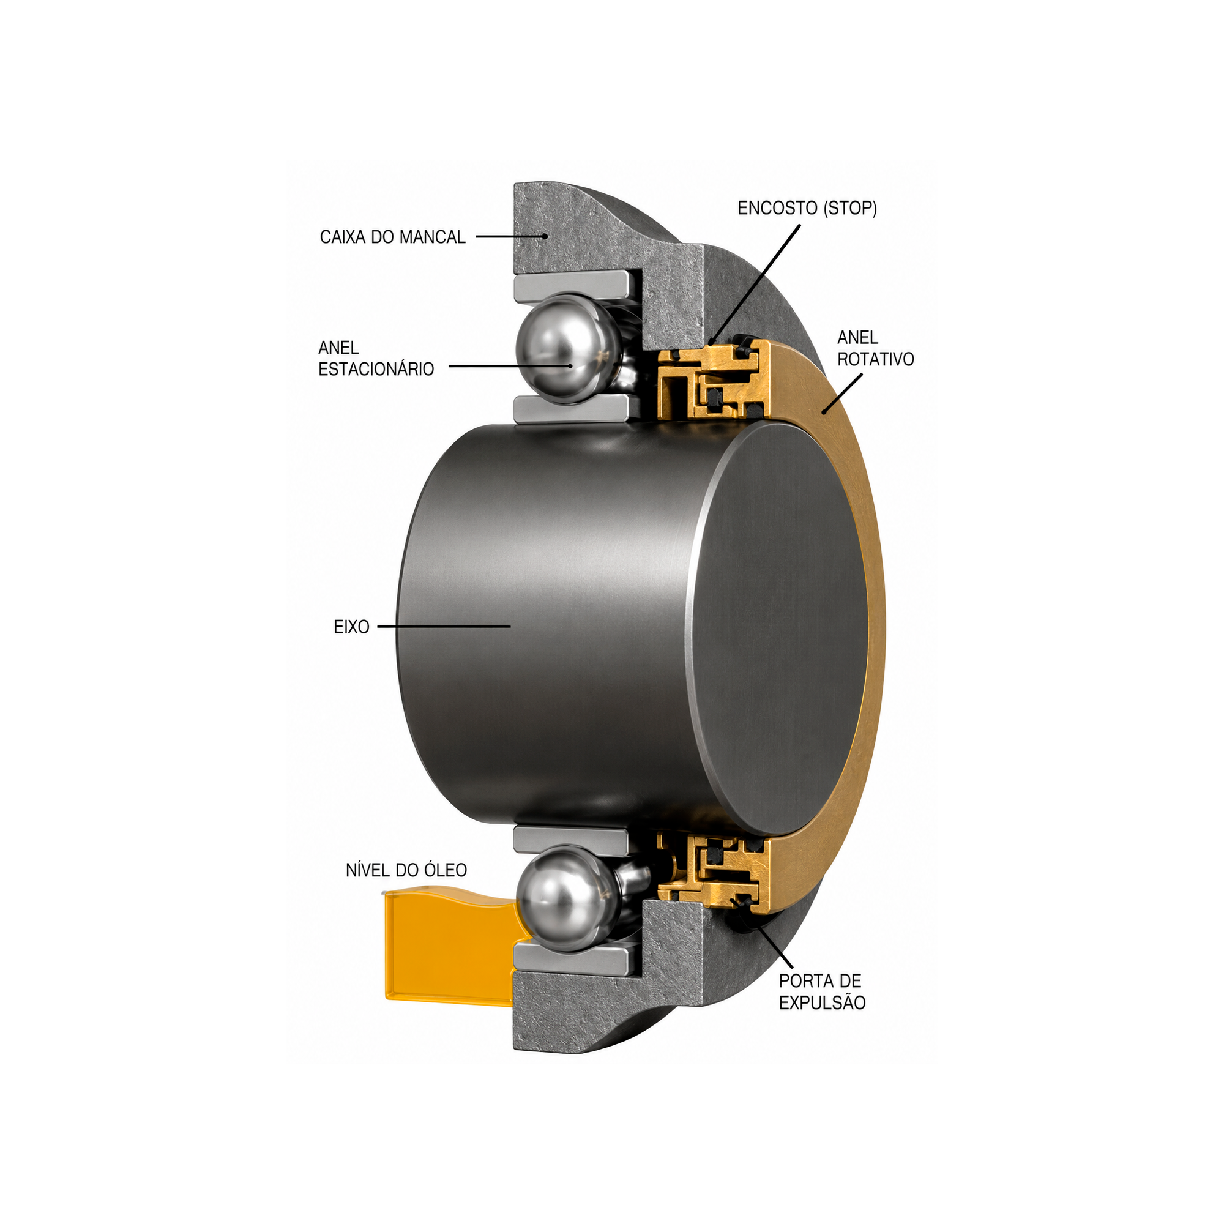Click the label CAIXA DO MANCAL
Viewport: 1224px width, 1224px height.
coord(392,237)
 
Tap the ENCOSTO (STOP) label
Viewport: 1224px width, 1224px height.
coord(807,208)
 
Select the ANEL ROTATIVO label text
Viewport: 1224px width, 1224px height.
coord(876,348)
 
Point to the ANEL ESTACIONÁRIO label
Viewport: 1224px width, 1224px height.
coord(376,358)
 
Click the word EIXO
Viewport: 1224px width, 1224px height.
coord(352,627)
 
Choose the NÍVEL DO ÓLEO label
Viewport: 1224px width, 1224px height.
coord(406,870)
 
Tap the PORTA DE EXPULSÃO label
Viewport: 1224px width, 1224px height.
coord(823,991)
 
